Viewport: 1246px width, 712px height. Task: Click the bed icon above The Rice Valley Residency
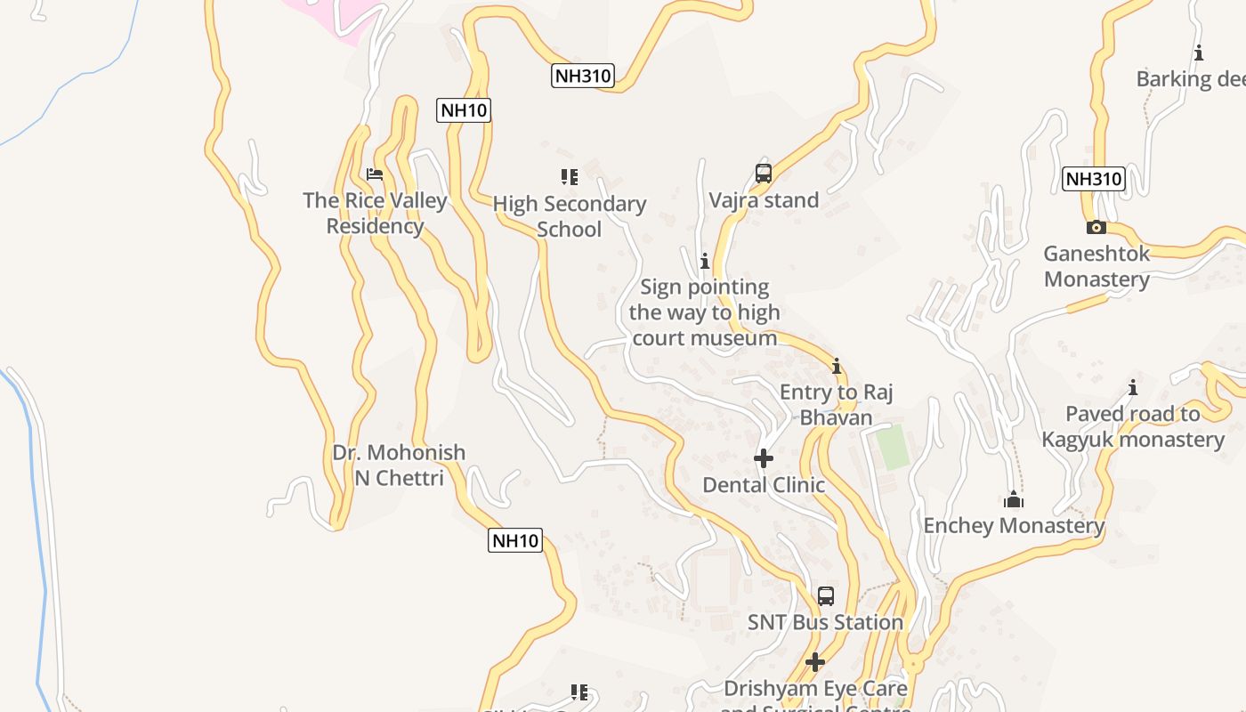coord(375,174)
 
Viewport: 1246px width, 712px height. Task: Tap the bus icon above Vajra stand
coord(763,174)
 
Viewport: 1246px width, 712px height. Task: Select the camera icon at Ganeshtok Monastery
coord(1096,227)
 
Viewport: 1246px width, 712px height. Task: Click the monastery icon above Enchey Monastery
coord(1013,500)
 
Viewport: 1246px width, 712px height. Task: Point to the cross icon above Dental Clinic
coord(764,458)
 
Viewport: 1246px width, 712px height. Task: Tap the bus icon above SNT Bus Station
coord(826,595)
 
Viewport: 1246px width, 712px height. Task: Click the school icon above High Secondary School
coord(570,177)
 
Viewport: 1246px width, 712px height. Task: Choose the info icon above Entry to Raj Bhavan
coord(836,366)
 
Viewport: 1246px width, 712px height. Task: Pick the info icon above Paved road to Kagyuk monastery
coord(1133,387)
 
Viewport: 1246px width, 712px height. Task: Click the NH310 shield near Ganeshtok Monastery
coord(1094,178)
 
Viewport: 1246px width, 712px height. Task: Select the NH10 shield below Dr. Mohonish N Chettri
coord(515,539)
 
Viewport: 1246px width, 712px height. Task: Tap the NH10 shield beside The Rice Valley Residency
coord(464,110)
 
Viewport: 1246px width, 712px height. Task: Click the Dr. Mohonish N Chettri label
coord(399,465)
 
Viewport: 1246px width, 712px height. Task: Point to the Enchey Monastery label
coord(1014,525)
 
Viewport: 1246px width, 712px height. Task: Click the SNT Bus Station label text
coord(825,622)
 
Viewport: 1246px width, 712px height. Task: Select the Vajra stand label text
coord(764,200)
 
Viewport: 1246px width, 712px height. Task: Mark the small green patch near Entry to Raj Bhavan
coord(893,447)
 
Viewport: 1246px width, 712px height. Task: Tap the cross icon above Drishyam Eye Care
coord(814,662)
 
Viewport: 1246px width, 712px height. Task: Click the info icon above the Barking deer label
coord(1199,53)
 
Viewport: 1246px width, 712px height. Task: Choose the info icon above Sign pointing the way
coord(705,261)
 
